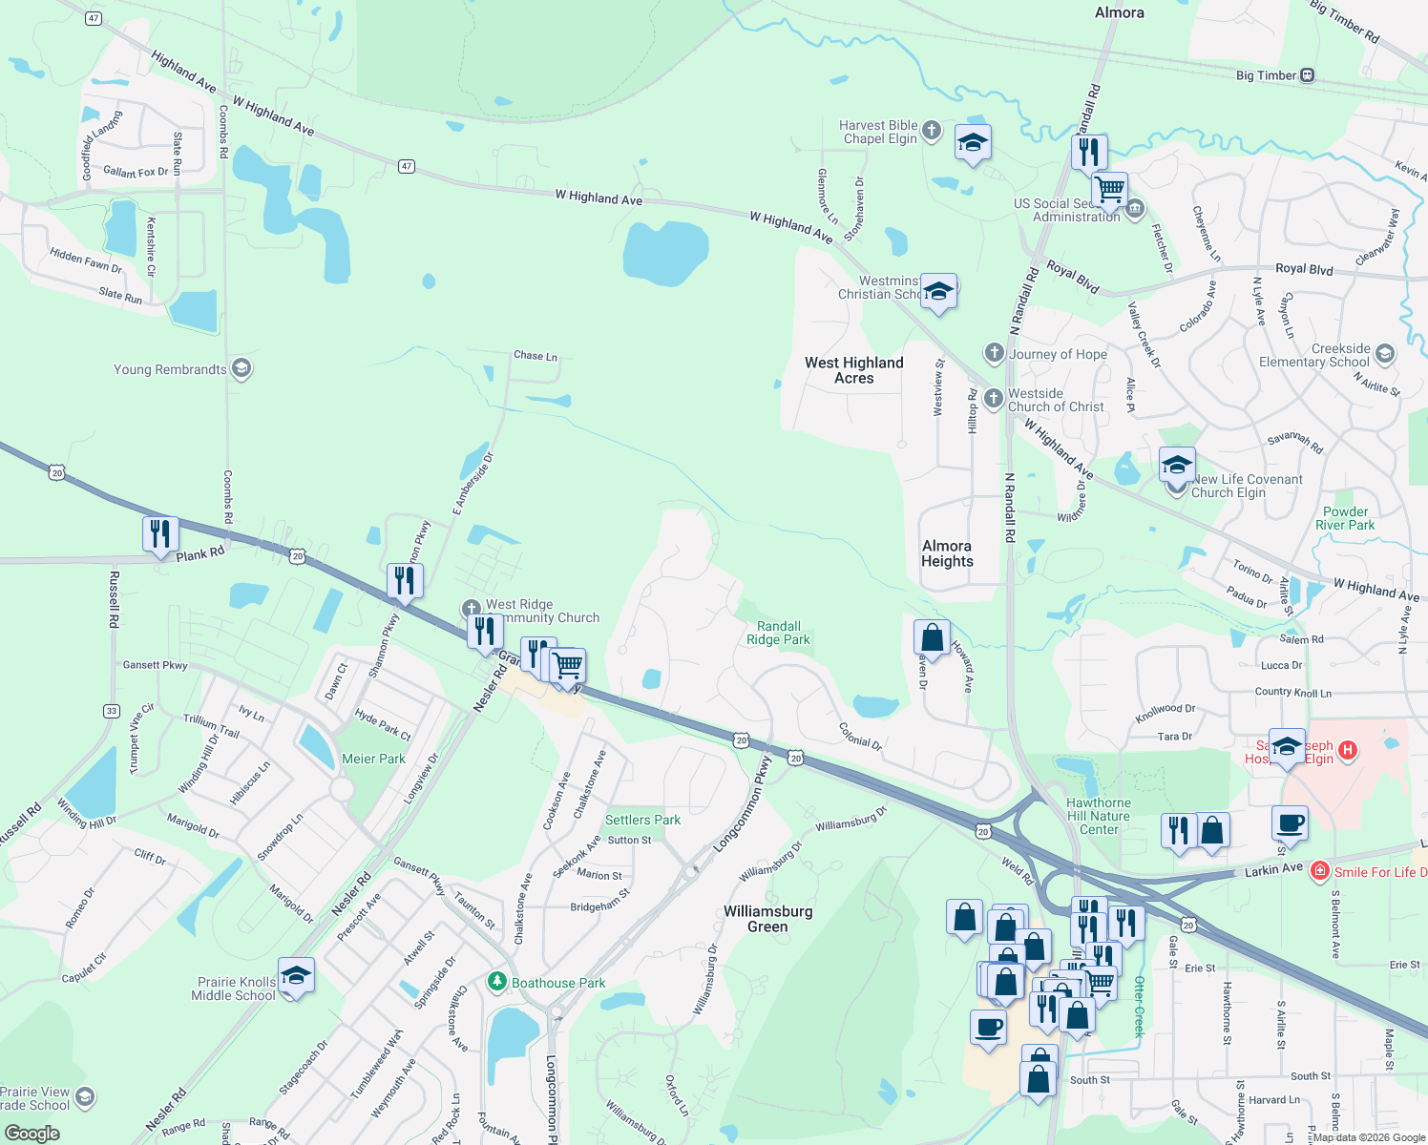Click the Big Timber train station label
[1266, 75]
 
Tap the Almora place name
[1119, 12]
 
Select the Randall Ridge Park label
[778, 633]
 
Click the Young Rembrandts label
[170, 369]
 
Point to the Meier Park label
[373, 759]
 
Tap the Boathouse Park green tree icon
[496, 982]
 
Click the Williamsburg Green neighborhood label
[767, 919]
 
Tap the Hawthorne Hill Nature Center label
[1098, 816]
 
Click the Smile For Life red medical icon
[1319, 870]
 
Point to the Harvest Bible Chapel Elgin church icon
[932, 131]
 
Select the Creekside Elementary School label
[1313, 355]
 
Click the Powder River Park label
[1345, 518]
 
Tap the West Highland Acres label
[853, 370]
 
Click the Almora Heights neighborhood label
[947, 553]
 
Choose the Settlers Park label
[642, 820]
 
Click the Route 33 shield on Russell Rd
[112, 710]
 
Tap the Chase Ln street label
[535, 355]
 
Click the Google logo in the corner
[32, 1133]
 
